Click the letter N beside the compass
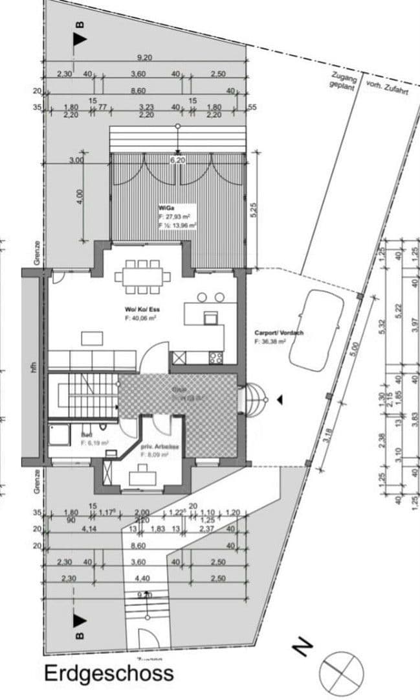(x=302, y=646)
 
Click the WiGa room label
(x=164, y=207)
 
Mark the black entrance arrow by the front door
(x=280, y=401)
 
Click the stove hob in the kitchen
(x=216, y=356)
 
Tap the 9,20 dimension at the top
(x=144, y=58)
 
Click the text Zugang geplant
(x=341, y=80)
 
